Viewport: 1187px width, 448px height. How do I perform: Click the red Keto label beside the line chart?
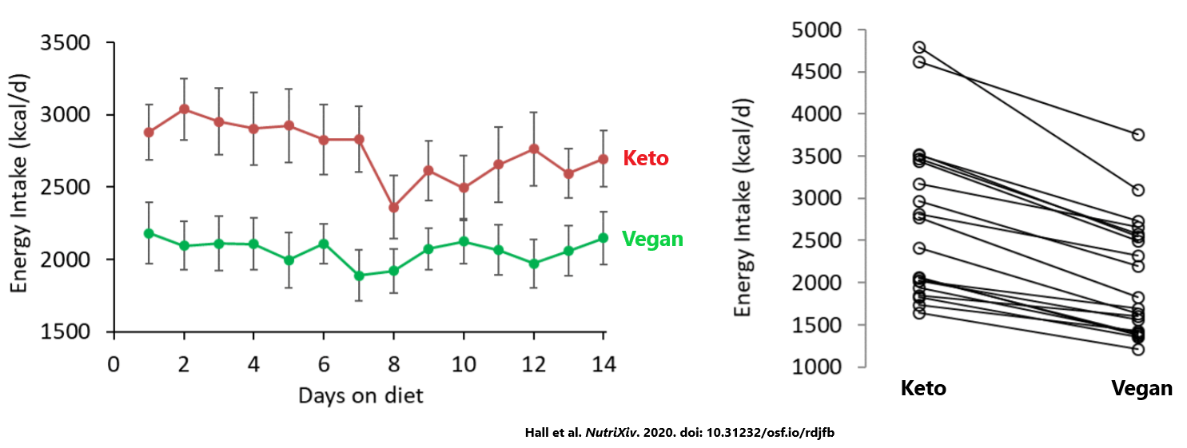pyautogui.click(x=645, y=159)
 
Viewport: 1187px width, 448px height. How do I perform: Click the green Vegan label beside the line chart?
pyautogui.click(x=652, y=239)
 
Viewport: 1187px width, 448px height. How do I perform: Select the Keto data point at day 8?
pyautogui.click(x=393, y=208)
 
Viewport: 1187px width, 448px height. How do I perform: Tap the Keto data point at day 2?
pyautogui.click(x=184, y=109)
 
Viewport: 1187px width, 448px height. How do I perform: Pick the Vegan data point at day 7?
pyautogui.click(x=359, y=276)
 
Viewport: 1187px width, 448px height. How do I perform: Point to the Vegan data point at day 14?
pyautogui.click(x=603, y=238)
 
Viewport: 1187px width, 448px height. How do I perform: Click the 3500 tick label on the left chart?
pyautogui.click(x=66, y=42)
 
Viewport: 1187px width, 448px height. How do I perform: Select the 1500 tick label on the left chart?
pyautogui.click(x=66, y=332)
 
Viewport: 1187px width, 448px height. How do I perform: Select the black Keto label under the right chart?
pyautogui.click(x=923, y=389)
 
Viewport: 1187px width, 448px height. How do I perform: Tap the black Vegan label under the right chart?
pyautogui.click(x=1142, y=389)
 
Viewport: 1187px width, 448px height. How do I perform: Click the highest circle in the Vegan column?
pyautogui.click(x=1137, y=135)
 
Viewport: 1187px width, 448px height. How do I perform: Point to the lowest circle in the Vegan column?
pyautogui.click(x=1137, y=349)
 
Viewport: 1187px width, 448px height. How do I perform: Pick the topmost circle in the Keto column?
pyautogui.click(x=919, y=48)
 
